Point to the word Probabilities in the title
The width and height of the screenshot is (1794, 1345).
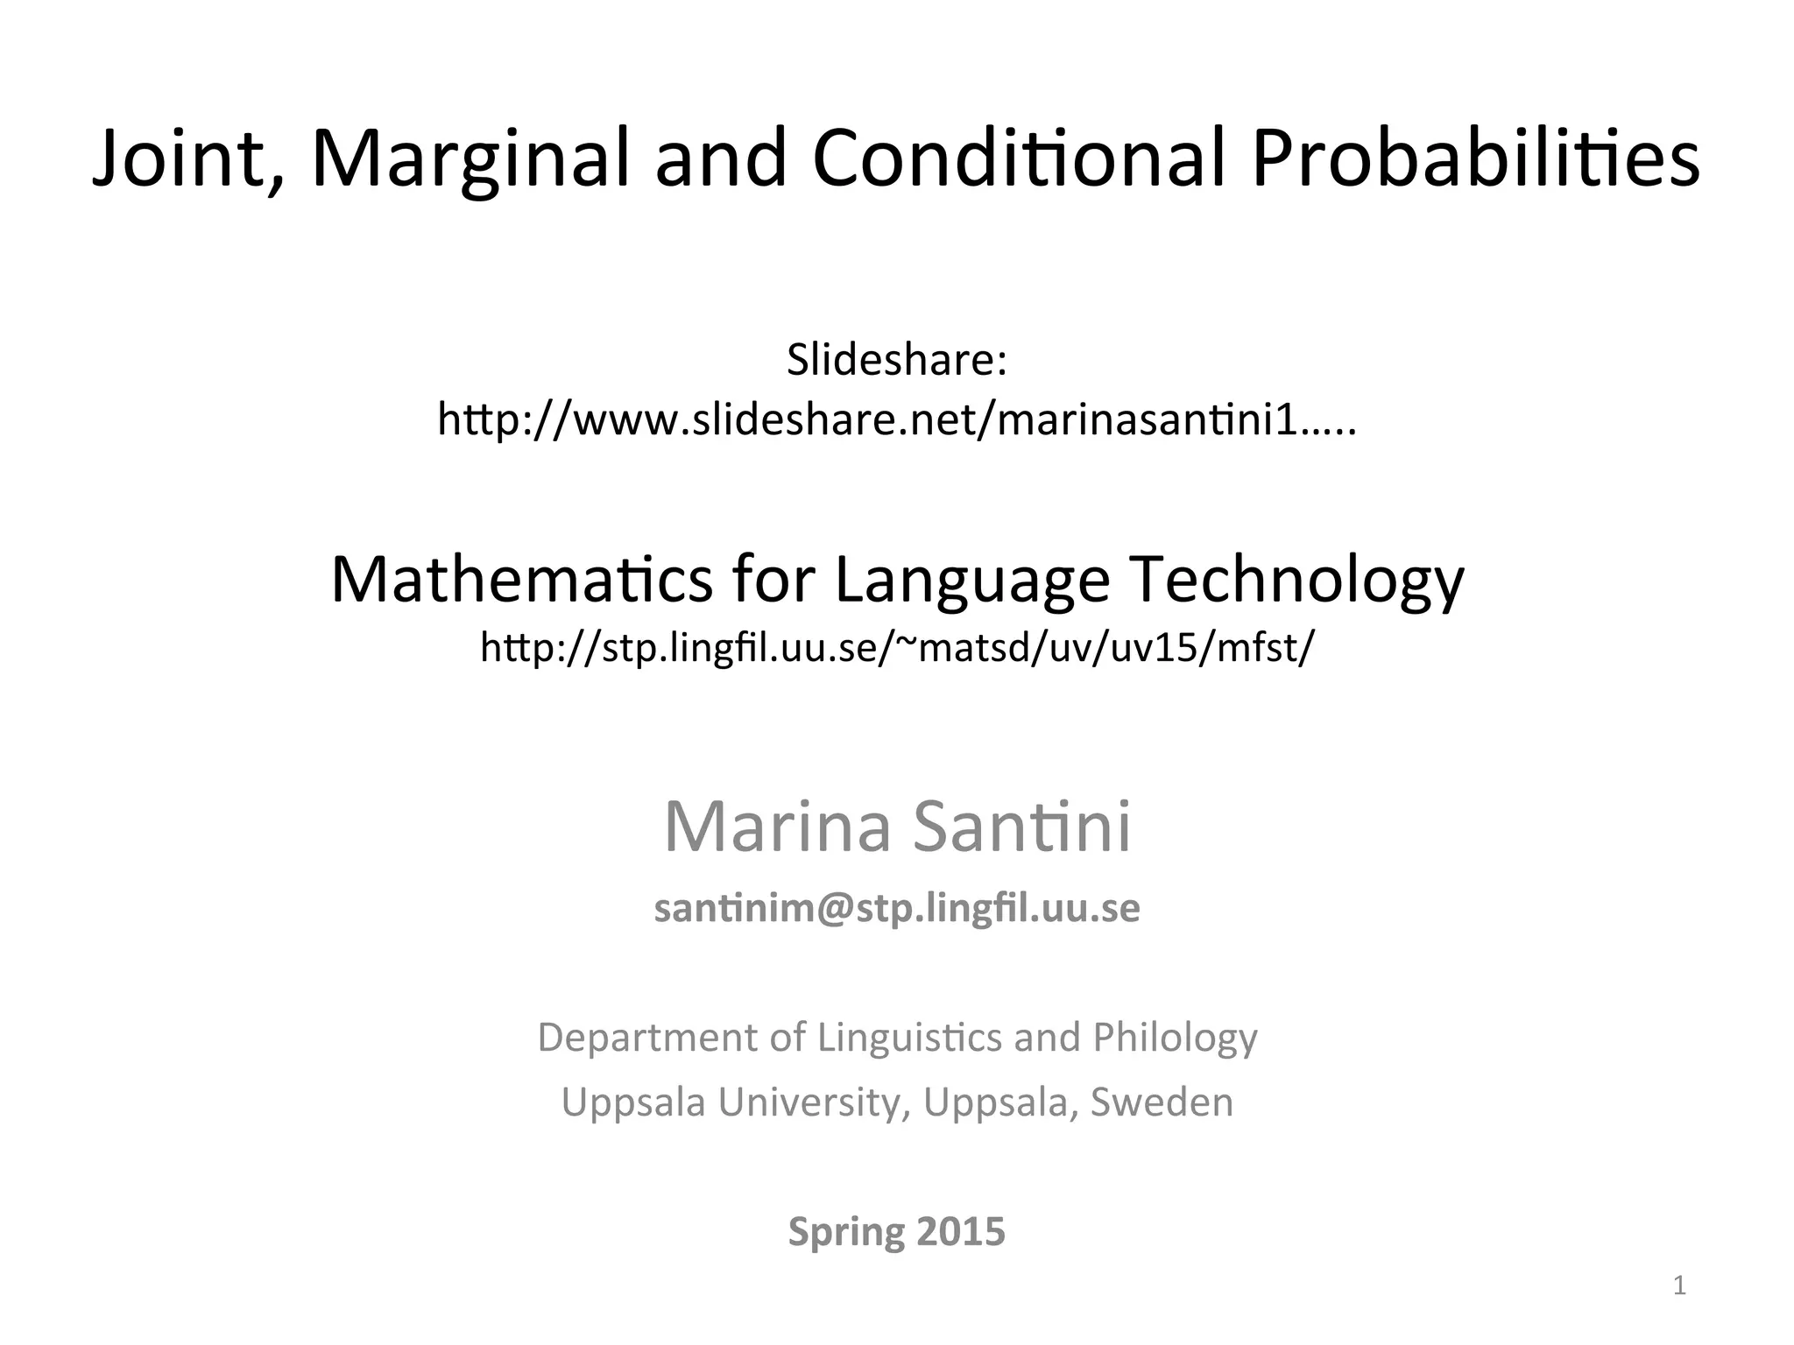[x=1475, y=159]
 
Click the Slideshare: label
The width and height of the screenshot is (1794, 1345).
[x=897, y=360]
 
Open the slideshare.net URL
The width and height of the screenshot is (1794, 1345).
[x=897, y=421]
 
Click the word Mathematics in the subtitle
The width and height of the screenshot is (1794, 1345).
[x=522, y=581]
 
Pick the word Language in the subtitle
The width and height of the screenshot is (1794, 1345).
[x=972, y=581]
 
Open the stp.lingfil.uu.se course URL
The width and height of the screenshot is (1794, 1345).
[x=897, y=648]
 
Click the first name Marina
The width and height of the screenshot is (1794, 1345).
[x=777, y=827]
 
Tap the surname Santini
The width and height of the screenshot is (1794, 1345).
[x=1021, y=827]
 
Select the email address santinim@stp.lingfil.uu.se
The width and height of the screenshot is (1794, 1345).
[x=897, y=909]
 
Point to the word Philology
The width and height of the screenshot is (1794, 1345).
[x=1175, y=1038]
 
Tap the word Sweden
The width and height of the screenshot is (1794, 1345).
[x=1162, y=1102]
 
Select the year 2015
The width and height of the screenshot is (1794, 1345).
[x=961, y=1232]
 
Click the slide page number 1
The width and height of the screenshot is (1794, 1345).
[x=1679, y=1286]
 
